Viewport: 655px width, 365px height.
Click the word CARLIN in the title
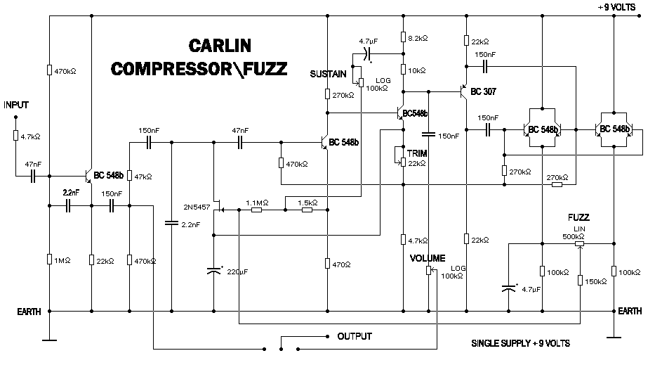click(220, 46)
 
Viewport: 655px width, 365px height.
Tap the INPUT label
click(16, 105)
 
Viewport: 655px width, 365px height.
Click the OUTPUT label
click(355, 336)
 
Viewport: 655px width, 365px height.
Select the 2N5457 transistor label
click(197, 207)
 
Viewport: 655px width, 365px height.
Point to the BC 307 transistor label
click(483, 91)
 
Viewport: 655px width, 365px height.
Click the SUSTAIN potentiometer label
click(328, 74)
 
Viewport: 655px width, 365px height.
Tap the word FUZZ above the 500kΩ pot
click(578, 217)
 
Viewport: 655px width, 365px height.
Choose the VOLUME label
click(428, 258)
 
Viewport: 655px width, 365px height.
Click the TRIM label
click(417, 153)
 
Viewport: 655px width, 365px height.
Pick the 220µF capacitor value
click(237, 271)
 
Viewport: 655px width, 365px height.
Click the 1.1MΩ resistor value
click(257, 203)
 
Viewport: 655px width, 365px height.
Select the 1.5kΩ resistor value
click(307, 203)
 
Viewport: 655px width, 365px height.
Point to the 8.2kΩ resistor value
click(418, 38)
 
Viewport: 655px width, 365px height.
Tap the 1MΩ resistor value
click(62, 260)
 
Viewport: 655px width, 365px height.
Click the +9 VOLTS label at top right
click(616, 7)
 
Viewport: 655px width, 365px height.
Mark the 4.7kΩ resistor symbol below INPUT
click(16, 135)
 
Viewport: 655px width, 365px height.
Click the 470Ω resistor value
click(341, 264)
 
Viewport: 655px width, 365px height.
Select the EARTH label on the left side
click(29, 312)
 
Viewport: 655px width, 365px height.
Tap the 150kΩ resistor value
click(596, 282)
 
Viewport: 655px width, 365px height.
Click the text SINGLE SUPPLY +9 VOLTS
click(520, 343)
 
